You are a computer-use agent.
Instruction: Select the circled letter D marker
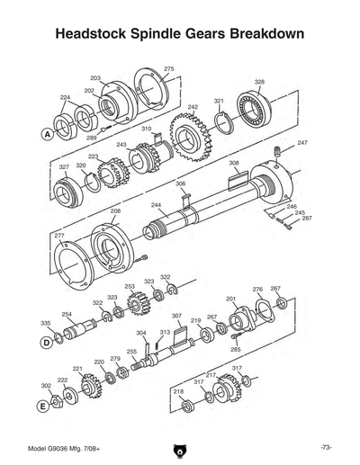point(46,343)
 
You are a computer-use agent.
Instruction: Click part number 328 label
point(259,82)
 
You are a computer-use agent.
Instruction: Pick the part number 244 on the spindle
point(156,205)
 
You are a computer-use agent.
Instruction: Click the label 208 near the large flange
point(115,210)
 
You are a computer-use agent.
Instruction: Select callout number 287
point(307,219)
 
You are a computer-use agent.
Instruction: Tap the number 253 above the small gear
point(130,286)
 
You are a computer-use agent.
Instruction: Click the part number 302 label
point(46,385)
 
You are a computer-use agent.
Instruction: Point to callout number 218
point(178,391)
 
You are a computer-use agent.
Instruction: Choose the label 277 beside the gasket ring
point(59,235)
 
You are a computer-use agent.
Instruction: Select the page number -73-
point(325,447)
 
